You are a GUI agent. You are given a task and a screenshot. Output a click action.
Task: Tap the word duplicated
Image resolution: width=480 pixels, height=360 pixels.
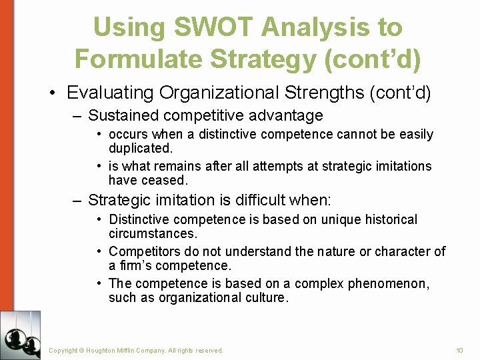click(x=139, y=148)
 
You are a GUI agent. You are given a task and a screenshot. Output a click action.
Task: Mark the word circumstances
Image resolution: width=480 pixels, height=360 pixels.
click(x=152, y=234)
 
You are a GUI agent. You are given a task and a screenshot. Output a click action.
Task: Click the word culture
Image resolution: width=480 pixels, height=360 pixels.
click(x=266, y=297)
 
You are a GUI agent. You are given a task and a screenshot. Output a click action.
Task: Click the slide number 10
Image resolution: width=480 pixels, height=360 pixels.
click(x=459, y=350)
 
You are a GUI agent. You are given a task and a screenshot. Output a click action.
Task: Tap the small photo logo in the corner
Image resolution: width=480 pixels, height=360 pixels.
click(x=20, y=335)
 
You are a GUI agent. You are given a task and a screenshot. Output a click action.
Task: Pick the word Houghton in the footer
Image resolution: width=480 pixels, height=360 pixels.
click(x=101, y=350)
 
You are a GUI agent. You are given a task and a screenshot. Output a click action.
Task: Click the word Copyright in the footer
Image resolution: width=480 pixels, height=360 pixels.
click(x=63, y=350)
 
